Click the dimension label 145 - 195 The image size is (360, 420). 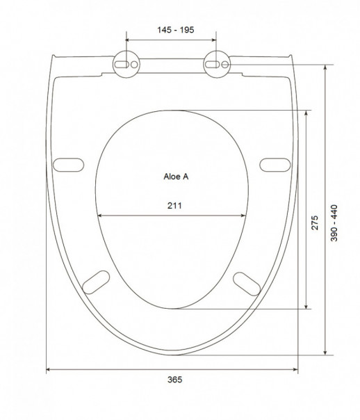pyautogui.click(x=176, y=30)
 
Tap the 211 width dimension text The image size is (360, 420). pyautogui.click(x=174, y=205)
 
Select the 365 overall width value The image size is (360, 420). pyautogui.click(x=174, y=380)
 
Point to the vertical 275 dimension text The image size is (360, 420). pyautogui.click(x=315, y=223)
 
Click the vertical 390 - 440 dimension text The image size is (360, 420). pyautogui.click(x=334, y=223)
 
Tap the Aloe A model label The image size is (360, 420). pyautogui.click(x=176, y=177)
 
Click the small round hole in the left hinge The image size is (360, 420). pyautogui.click(x=134, y=65)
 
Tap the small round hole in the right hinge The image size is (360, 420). pyautogui.click(x=225, y=65)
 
